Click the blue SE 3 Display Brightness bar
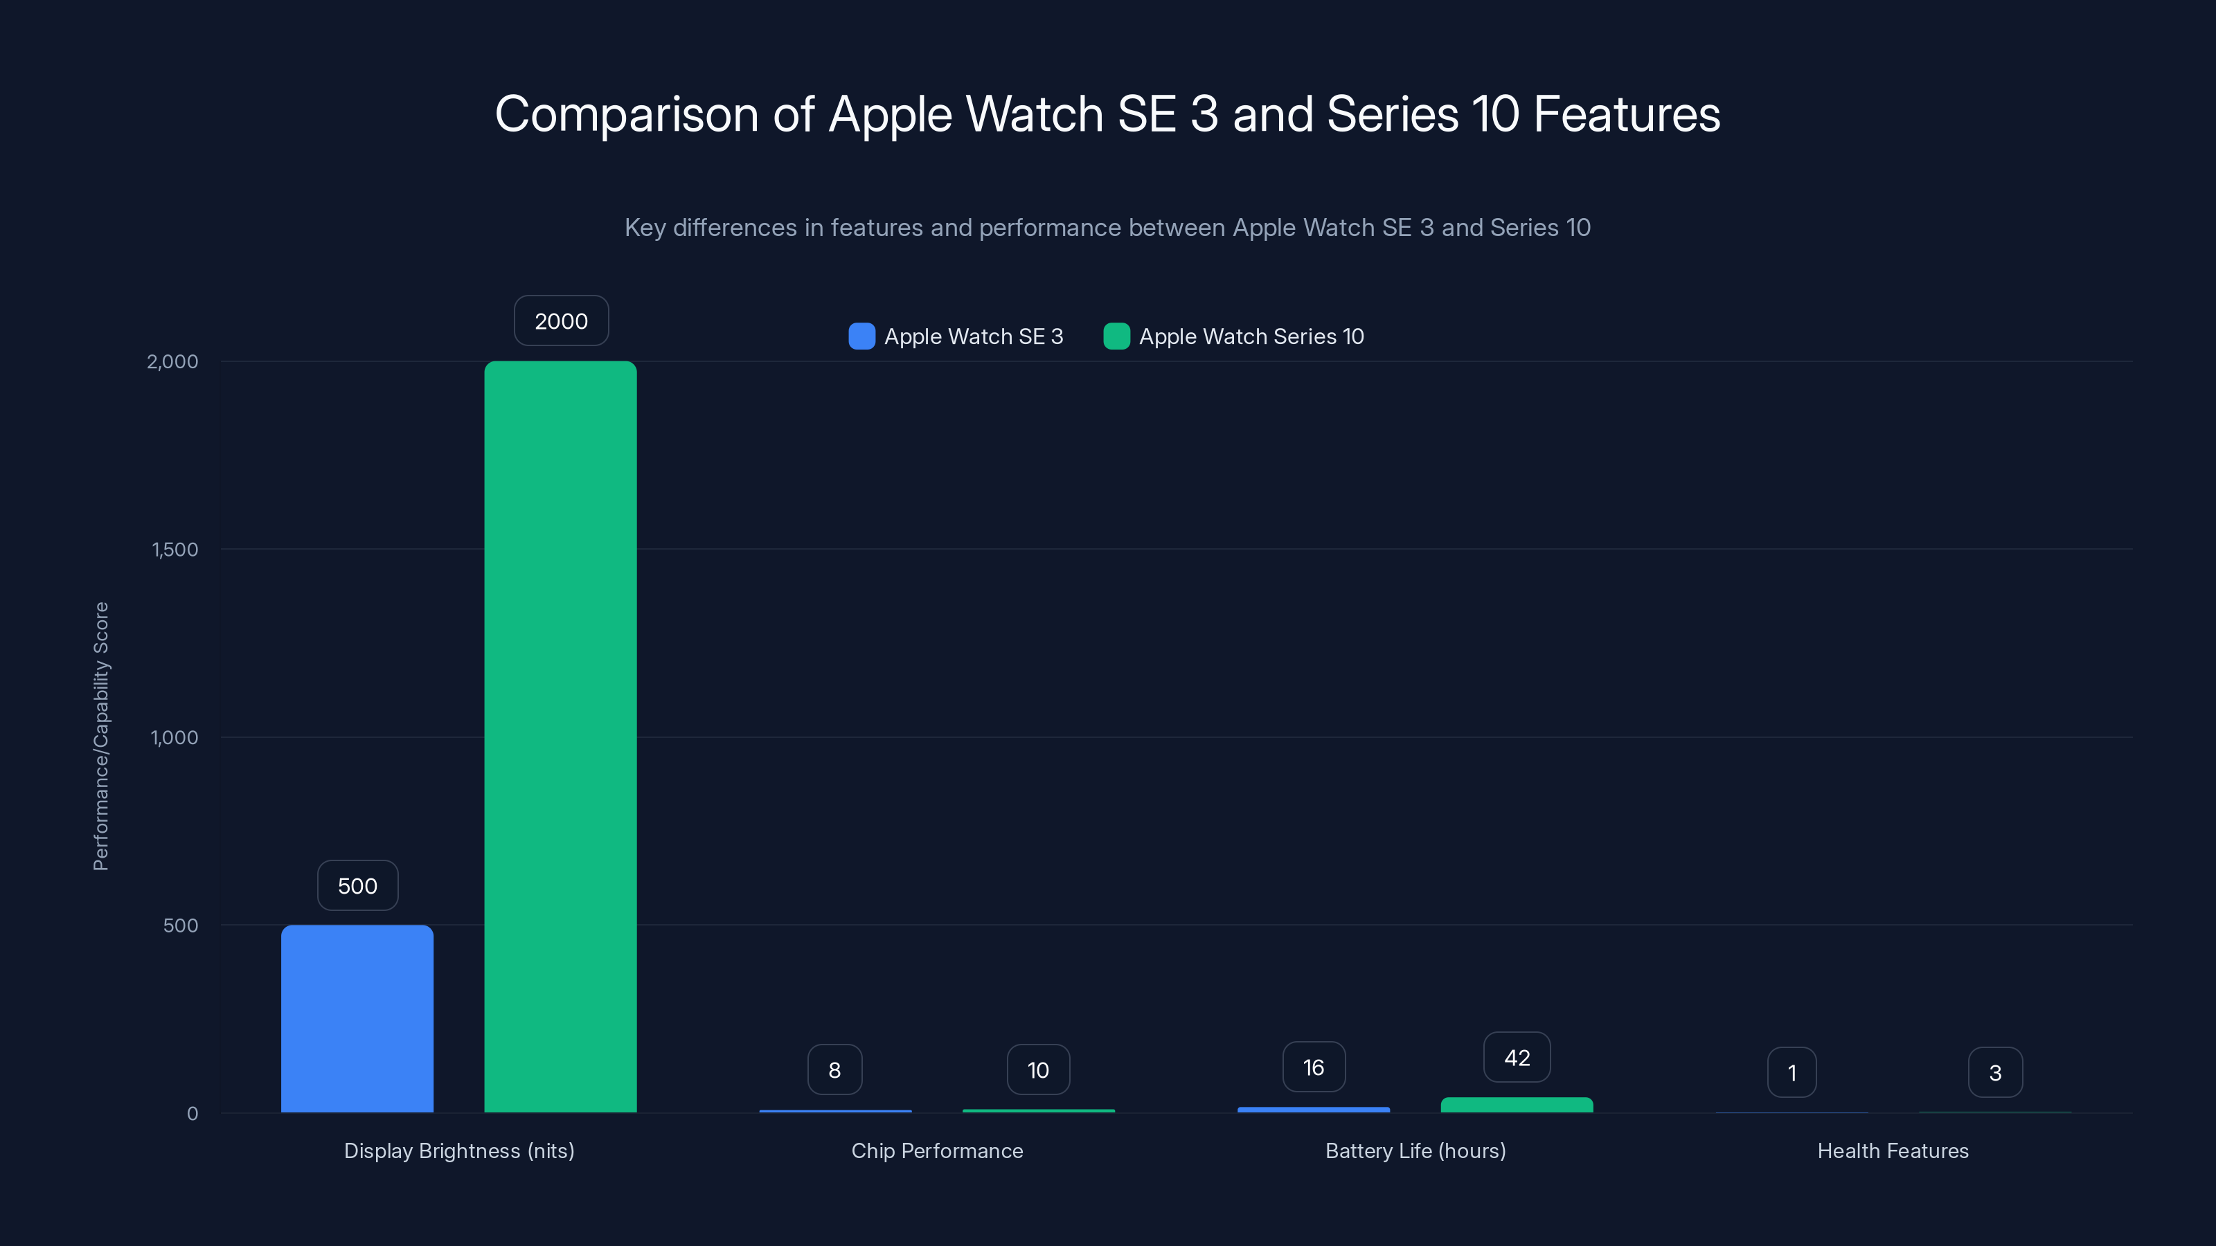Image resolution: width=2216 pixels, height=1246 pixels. pos(357,1019)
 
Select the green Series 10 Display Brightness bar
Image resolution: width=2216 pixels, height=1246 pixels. pos(560,737)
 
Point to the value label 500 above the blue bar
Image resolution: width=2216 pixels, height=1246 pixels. pos(358,886)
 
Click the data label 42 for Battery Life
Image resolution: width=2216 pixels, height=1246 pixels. pos(1517,1058)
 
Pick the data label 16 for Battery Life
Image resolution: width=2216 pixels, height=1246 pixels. pos(1314,1067)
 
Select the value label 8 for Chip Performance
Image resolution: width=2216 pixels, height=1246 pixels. pos(834,1069)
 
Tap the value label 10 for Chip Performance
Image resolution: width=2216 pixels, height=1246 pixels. pos(1038,1069)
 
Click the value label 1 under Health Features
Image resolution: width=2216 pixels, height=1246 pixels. pos(1792,1072)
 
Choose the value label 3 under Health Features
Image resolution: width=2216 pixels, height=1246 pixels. pos(1995,1072)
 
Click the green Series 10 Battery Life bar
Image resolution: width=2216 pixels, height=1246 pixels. pos(1517,1105)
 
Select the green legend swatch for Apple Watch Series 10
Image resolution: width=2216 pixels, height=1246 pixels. pos(1116,336)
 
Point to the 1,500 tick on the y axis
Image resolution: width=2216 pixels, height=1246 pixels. pos(175,550)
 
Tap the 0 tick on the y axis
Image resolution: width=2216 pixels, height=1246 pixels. pos(193,1114)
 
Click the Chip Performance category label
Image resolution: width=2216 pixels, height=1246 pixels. pos(937,1150)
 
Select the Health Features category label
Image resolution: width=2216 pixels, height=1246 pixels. pos(1893,1150)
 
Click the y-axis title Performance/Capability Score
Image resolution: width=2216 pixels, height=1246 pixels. pos(100,736)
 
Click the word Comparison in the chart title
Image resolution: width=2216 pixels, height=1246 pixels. pos(626,114)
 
